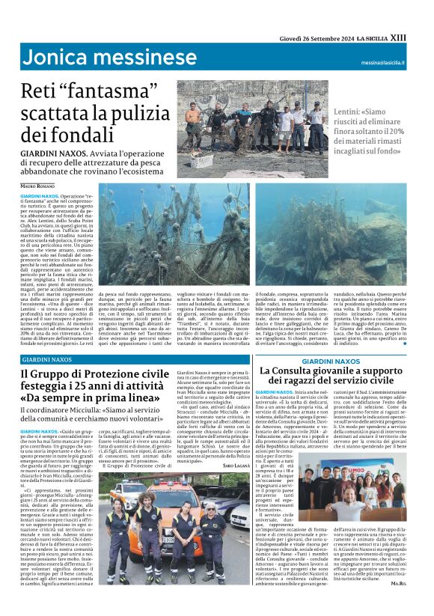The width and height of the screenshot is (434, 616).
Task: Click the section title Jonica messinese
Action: (x=109, y=58)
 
